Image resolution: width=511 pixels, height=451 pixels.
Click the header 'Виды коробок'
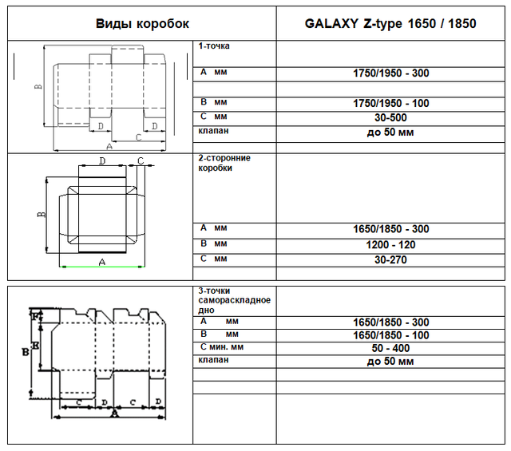tap(142, 24)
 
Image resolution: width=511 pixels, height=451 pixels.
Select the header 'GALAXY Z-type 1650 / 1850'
tap(390, 23)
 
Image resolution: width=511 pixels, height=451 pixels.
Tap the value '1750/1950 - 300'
tap(390, 73)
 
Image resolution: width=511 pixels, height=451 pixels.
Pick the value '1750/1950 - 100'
tap(390, 103)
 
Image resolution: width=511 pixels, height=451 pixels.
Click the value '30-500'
tap(390, 117)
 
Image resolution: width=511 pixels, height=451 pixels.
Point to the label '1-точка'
tap(214, 46)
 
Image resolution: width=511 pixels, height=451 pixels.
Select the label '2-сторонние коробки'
tap(224, 163)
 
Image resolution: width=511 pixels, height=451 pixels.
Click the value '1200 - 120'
tap(390, 245)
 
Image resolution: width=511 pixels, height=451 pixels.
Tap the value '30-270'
tap(390, 259)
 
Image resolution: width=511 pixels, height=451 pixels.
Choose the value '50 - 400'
tap(390, 348)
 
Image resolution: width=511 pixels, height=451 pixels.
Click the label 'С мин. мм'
tap(222, 347)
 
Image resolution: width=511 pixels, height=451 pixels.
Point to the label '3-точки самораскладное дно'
tap(234, 300)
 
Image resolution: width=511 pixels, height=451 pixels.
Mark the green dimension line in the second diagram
tap(102, 267)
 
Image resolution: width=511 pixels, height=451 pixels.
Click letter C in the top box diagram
tap(138, 137)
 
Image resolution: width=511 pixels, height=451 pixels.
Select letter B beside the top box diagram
tap(38, 87)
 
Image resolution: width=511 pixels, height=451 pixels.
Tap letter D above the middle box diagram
tap(102, 160)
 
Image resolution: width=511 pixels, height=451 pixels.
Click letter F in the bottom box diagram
tap(35, 315)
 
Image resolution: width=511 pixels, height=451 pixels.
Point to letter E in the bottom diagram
tap(35, 345)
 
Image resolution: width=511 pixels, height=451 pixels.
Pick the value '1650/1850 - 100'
tap(390, 335)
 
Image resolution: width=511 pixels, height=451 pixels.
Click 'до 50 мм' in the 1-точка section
tap(390, 133)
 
